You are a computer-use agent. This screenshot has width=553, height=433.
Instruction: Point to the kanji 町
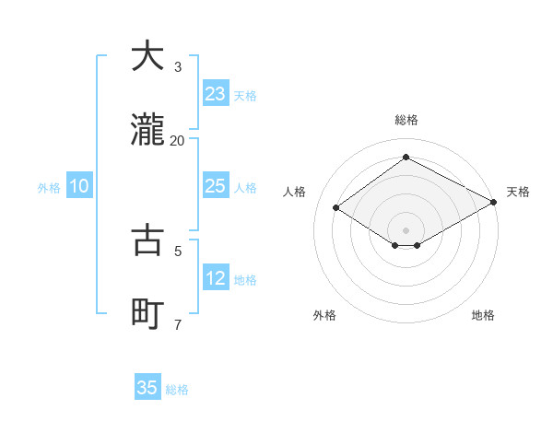coord(147,314)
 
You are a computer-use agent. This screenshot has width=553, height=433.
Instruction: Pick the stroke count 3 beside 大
coord(178,66)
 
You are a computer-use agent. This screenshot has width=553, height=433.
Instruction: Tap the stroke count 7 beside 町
coord(178,324)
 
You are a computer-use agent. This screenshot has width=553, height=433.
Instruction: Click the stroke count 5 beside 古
coord(178,250)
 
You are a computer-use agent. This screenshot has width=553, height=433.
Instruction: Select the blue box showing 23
coord(215,93)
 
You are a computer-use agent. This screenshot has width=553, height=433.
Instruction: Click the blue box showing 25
coord(215,186)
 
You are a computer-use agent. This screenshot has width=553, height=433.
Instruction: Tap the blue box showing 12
coord(215,278)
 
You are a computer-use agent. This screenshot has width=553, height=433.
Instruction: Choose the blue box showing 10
coord(79,186)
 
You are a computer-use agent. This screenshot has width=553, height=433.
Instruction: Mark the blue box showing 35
coord(147,388)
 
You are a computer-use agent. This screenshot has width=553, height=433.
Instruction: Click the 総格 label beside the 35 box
coord(177,390)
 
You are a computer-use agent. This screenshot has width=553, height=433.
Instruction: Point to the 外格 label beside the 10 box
coord(49,188)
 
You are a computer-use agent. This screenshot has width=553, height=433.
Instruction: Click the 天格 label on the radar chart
coord(518,192)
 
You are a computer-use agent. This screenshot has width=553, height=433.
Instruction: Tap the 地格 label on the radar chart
coord(483,315)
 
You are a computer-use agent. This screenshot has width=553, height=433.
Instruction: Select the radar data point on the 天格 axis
coord(495,202)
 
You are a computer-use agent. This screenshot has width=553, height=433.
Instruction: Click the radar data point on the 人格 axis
coord(336,207)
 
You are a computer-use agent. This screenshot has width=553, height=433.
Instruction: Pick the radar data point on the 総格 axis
coord(406,158)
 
